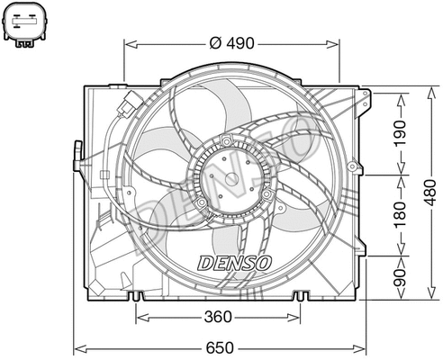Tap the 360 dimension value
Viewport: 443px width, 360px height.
coord(218,316)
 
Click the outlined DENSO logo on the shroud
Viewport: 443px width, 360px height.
coord(233,263)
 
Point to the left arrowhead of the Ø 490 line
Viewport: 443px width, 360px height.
coord(127,42)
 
